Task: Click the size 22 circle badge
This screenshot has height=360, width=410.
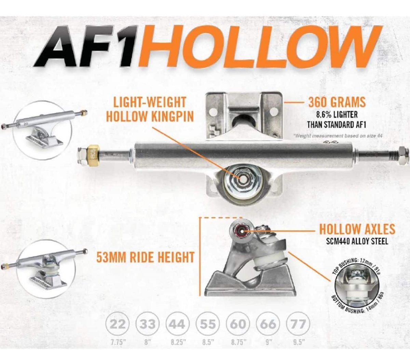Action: click(118, 324)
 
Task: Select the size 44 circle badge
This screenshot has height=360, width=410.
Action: click(177, 324)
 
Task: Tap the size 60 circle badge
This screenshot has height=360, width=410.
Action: click(237, 324)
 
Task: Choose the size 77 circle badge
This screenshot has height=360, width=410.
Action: click(298, 324)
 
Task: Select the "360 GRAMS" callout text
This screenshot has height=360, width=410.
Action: click(337, 102)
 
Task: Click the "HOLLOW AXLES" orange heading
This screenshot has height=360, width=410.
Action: click(357, 230)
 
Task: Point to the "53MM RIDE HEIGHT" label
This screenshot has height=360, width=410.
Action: click(145, 257)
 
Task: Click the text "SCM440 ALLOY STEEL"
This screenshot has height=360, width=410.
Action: click(357, 241)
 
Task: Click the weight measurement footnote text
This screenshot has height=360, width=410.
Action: click(338, 136)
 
